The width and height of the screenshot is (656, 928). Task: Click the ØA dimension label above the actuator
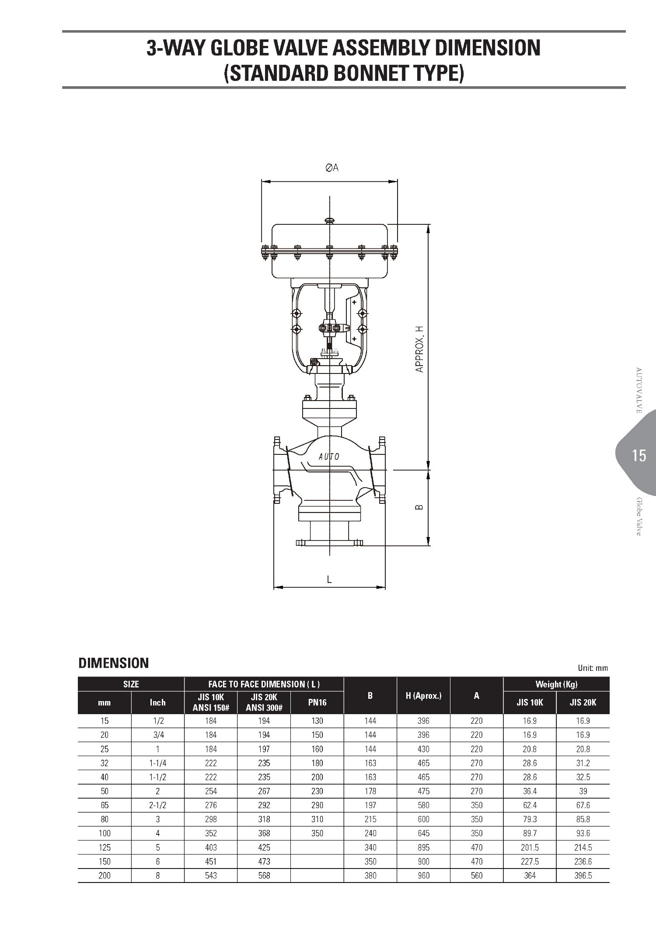pyautogui.click(x=332, y=167)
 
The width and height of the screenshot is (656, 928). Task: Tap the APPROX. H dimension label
pyautogui.click(x=420, y=349)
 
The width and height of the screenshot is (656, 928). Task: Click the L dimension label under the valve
pyautogui.click(x=329, y=579)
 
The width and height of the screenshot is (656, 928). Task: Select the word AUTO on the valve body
pyautogui.click(x=329, y=457)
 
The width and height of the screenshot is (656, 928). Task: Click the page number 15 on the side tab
pyautogui.click(x=639, y=456)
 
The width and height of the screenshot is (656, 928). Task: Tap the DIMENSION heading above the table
pyautogui.click(x=114, y=663)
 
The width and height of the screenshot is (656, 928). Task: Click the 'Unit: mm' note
pyautogui.click(x=593, y=668)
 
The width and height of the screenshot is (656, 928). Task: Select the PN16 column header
pyautogui.click(x=317, y=702)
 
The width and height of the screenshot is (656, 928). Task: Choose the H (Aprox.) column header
pyautogui.click(x=423, y=695)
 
